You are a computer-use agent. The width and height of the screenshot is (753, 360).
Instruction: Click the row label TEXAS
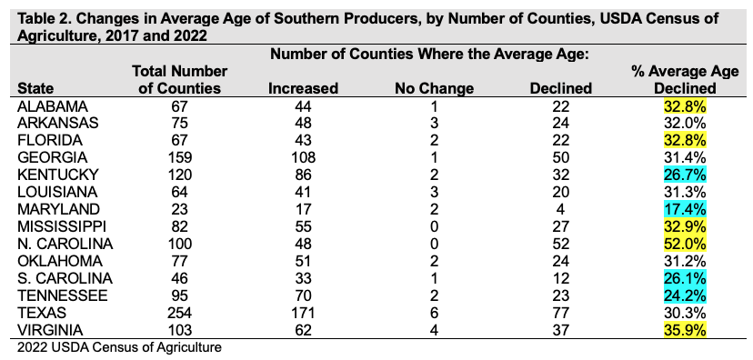(41, 313)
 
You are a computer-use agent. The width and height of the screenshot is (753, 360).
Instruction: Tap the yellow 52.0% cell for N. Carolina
(685, 244)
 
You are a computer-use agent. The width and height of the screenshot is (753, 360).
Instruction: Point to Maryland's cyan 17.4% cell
(685, 209)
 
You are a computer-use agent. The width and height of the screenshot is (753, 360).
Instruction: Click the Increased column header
(303, 88)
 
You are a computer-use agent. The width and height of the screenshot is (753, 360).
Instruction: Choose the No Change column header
(434, 88)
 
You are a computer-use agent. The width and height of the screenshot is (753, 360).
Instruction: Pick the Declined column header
(560, 88)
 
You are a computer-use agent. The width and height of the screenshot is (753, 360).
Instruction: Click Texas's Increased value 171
(303, 313)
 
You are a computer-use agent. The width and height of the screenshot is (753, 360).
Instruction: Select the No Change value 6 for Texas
(434, 313)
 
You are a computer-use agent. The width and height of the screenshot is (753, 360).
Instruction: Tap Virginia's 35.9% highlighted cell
(685, 330)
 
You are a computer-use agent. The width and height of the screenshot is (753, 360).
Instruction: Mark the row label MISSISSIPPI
(62, 226)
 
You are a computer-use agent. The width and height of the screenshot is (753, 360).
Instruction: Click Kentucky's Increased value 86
(303, 175)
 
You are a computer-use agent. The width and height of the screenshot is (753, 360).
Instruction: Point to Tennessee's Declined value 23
(560, 295)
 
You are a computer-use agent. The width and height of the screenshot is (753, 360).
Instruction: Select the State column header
(35, 88)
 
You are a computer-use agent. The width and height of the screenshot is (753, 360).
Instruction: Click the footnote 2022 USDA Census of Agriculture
(119, 347)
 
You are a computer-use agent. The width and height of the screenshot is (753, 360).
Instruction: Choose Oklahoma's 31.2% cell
(685, 261)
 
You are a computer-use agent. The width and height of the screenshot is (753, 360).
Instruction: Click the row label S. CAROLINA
(65, 278)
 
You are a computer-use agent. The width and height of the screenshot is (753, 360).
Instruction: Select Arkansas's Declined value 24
(560, 123)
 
